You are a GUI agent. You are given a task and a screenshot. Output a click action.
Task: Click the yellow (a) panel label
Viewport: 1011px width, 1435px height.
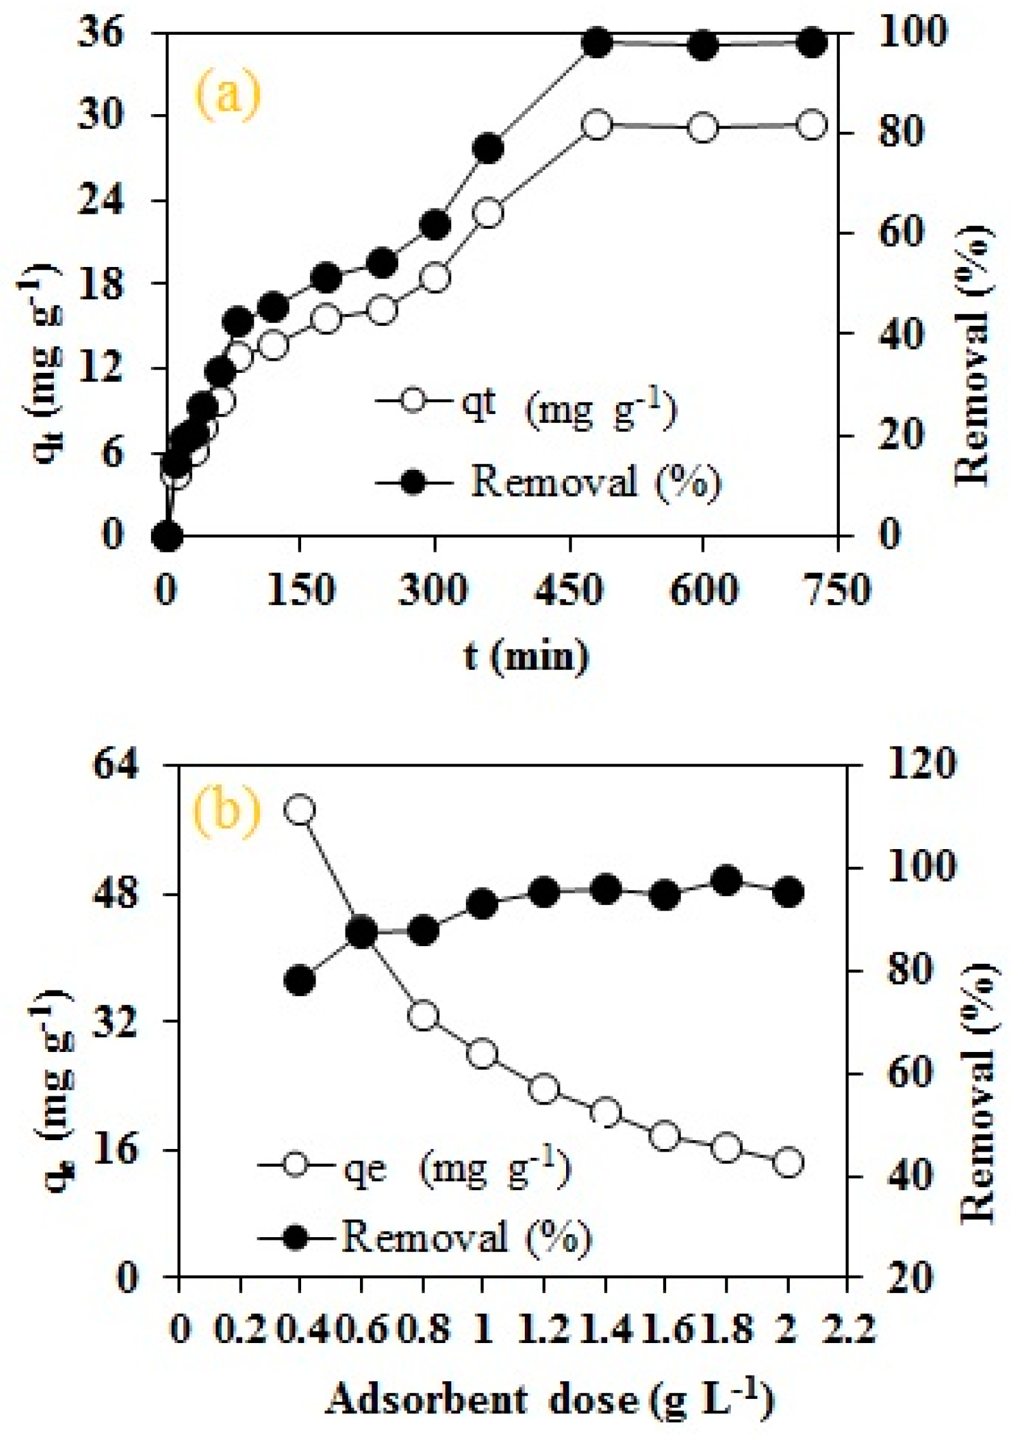[227, 95]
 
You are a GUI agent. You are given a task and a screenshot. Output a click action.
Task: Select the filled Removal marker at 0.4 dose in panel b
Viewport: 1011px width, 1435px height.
[300, 980]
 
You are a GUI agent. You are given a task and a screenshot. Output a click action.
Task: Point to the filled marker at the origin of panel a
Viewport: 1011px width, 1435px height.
[167, 536]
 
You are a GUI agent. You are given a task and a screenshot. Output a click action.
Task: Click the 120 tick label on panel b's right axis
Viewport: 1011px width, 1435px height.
[918, 764]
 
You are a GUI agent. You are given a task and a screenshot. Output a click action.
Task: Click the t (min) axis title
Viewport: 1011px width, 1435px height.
[525, 656]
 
